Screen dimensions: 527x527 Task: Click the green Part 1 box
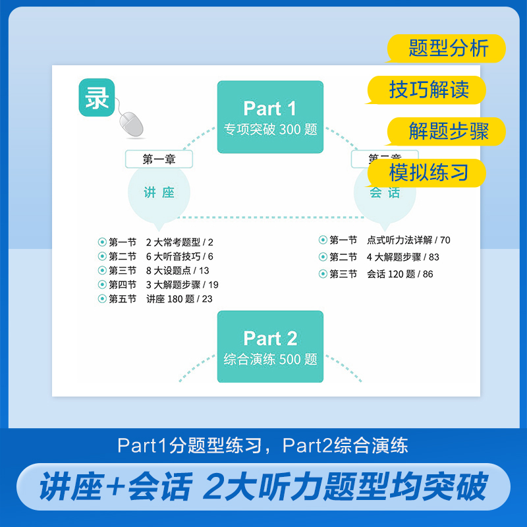[270, 117]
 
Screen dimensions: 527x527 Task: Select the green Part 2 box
[270, 347]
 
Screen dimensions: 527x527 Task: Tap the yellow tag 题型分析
[447, 49]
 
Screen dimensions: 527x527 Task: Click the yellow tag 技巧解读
[428, 90]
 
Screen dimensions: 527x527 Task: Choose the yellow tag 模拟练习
[428, 173]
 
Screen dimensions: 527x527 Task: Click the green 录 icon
[97, 97]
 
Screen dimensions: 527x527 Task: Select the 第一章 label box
[159, 159]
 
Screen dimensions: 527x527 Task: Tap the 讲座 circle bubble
[159, 192]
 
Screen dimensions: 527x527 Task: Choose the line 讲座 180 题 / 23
[179, 299]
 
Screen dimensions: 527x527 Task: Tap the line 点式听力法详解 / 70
[408, 240]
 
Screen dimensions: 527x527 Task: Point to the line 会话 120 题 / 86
[400, 274]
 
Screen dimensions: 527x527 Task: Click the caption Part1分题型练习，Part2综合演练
[263, 445]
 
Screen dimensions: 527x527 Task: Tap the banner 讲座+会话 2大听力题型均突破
[263, 487]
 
